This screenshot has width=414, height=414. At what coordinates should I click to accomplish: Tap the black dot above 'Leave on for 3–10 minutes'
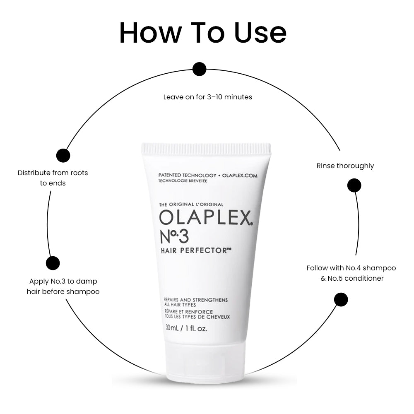[x=200, y=69]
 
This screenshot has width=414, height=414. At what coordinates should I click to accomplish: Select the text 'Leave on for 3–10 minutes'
[x=207, y=97]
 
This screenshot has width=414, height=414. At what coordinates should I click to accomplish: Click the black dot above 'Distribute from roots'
[x=63, y=155]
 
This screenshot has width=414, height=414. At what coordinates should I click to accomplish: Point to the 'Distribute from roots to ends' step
[x=53, y=178]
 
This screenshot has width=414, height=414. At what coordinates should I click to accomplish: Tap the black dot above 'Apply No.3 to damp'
[x=53, y=263]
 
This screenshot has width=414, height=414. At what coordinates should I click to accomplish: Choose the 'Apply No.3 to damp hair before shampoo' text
[x=63, y=286]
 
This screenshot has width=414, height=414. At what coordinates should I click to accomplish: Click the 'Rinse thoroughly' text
[x=345, y=166]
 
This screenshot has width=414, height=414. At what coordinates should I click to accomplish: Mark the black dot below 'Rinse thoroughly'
[x=354, y=185]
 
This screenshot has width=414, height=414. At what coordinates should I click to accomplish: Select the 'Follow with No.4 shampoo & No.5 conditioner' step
[x=351, y=273]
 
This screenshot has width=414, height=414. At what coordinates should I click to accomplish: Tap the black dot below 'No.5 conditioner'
[x=341, y=299]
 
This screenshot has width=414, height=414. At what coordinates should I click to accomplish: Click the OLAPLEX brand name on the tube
[x=206, y=218]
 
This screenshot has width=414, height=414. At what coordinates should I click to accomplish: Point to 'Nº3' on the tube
[x=174, y=236]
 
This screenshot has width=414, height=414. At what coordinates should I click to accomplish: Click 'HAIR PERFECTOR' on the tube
[x=196, y=250]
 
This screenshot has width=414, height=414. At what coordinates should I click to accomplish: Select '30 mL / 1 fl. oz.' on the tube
[x=186, y=328]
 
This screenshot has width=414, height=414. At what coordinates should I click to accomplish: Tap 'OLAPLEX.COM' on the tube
[x=240, y=176]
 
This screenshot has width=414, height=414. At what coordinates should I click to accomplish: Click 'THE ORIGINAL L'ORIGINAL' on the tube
[x=191, y=205]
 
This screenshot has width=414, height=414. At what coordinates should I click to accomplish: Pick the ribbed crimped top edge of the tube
[x=206, y=148]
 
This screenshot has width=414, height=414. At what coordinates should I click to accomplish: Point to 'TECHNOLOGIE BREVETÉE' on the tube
[x=183, y=181]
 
